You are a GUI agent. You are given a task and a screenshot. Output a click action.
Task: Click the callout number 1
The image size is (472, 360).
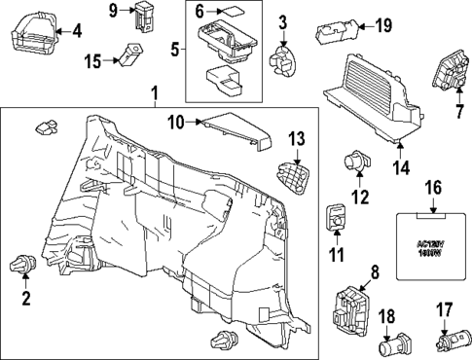pyautogui.click(x=154, y=94)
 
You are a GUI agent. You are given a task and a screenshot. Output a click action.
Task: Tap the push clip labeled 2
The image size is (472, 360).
pyautogui.click(x=24, y=264)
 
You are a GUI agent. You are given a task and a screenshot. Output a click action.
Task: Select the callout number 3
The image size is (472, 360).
pyautogui.click(x=282, y=21)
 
